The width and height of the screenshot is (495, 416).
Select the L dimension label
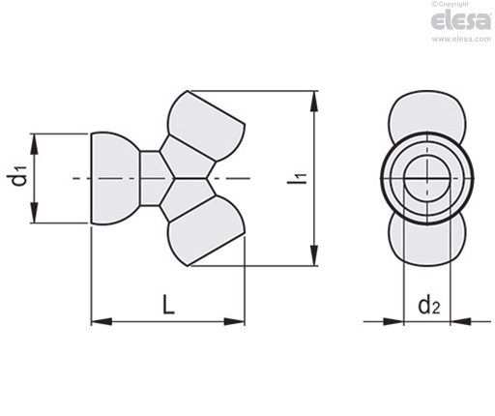pyautogui.click(x=168, y=305)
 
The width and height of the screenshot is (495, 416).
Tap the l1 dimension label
pyautogui.click(x=297, y=178)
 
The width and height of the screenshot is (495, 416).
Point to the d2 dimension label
pyautogui.click(x=428, y=306)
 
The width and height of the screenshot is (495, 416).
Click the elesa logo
pyautogui.click(x=461, y=20)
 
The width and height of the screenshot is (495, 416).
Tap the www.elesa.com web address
pyautogui.click(x=461, y=39)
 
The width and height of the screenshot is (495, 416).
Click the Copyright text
pyautogui.click(x=450, y=4)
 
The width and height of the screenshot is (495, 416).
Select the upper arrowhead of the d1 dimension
pyautogui.click(x=35, y=144)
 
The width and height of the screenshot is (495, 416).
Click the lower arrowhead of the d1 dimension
pyautogui.click(x=35, y=213)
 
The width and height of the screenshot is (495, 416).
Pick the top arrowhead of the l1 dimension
pyautogui.click(x=314, y=102)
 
